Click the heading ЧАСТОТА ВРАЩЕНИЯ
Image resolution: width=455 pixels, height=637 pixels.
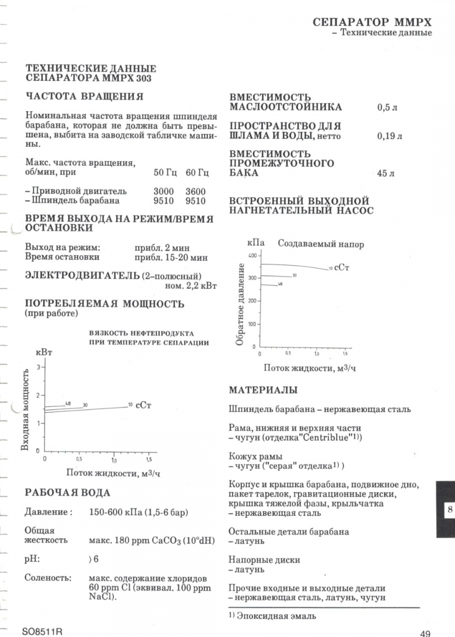[x=84, y=97]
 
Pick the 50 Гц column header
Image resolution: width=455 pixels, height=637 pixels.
[x=165, y=173]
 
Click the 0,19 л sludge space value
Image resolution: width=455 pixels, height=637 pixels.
[x=390, y=136]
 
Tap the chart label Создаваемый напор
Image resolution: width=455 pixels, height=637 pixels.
[x=321, y=244]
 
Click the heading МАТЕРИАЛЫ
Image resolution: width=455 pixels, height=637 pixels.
[x=263, y=390]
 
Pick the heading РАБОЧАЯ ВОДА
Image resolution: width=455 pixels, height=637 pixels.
[x=68, y=492]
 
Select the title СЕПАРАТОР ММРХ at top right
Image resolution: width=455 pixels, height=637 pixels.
[x=373, y=23]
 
